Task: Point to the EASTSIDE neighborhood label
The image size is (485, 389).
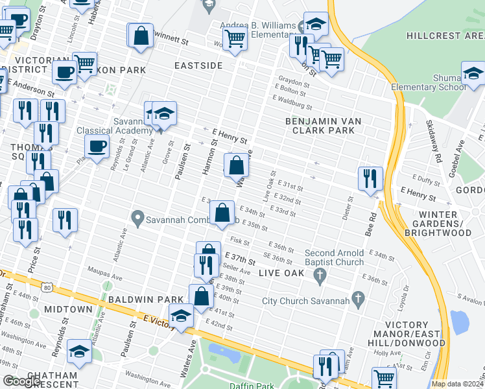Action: click(x=198, y=66)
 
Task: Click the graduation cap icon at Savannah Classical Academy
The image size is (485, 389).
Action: click(x=165, y=113)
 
